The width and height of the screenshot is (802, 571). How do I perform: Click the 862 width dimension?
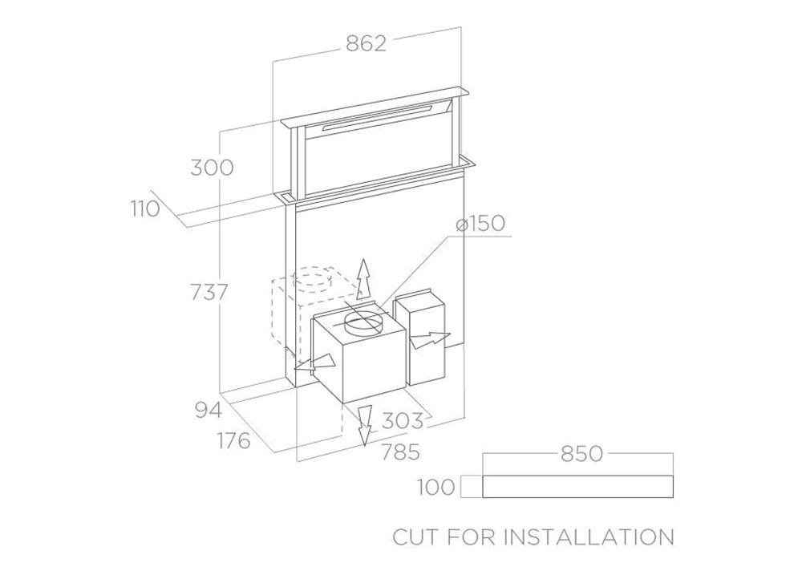[367, 43]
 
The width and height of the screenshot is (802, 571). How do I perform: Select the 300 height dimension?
[212, 168]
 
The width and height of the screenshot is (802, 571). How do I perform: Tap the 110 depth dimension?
[144, 209]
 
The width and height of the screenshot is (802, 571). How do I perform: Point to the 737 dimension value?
[209, 292]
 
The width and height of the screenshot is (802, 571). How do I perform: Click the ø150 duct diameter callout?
[480, 224]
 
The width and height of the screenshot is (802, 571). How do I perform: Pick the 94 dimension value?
[209, 410]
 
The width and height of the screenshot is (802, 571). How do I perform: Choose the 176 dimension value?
[234, 440]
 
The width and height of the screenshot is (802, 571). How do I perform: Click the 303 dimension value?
[403, 420]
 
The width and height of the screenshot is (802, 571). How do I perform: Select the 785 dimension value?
[400, 452]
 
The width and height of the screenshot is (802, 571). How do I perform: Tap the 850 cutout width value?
[582, 454]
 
